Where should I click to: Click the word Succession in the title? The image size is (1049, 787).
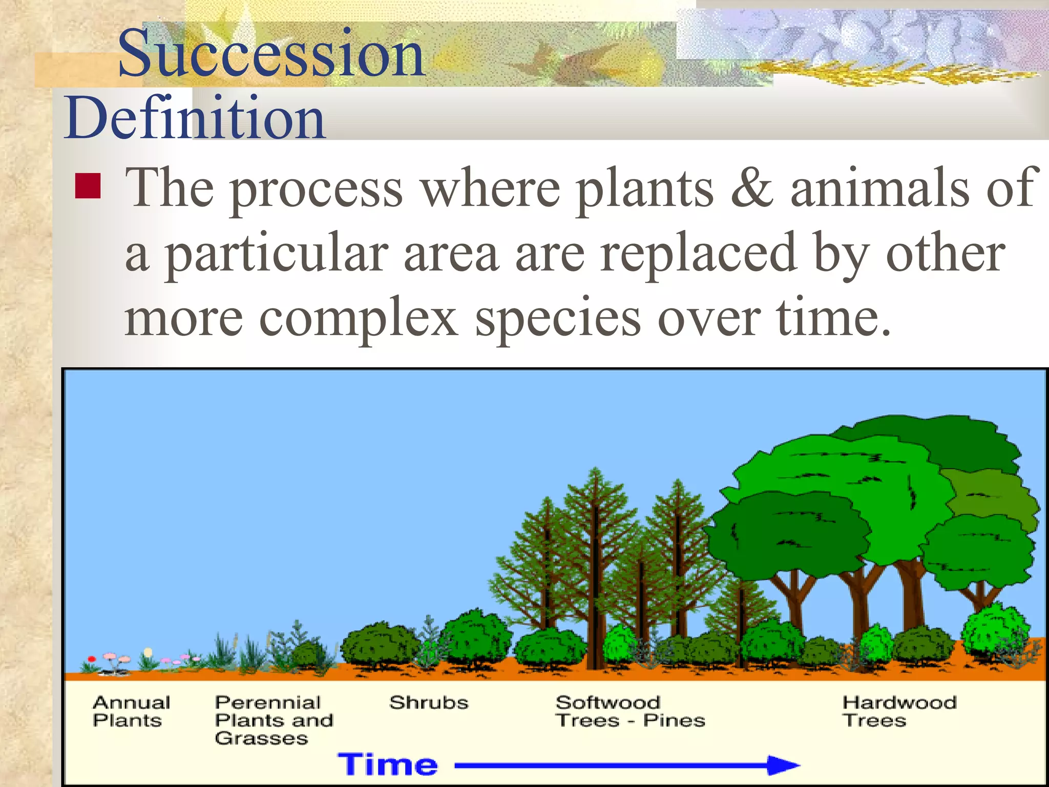271,54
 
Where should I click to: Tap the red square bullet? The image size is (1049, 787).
88,185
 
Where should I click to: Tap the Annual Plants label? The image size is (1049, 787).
131,711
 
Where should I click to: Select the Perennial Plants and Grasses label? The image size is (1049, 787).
274,720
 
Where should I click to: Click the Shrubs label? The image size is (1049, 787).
429,702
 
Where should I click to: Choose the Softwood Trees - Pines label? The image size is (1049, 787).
630,711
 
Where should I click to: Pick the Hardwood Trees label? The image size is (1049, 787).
899,711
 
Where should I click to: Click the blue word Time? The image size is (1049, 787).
388,765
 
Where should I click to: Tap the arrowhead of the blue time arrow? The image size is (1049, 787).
784,765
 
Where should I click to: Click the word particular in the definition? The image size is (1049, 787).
277,254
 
